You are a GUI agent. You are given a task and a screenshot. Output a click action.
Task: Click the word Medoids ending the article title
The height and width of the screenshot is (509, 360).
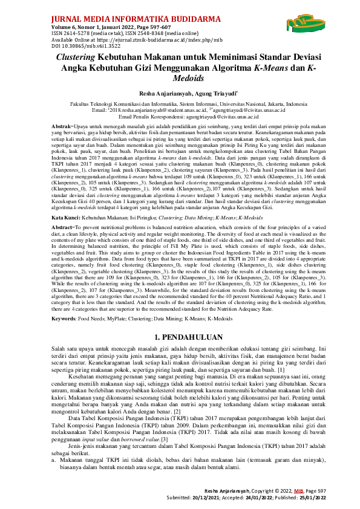coord(180,78)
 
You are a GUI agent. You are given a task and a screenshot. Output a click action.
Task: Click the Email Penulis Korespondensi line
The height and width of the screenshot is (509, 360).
coord(180,115)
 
